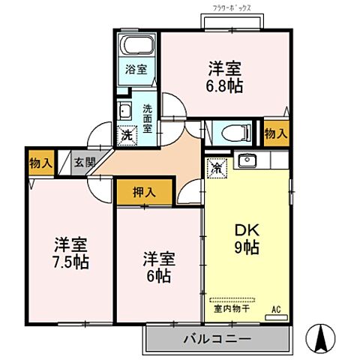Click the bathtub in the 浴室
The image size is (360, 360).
point(138,45)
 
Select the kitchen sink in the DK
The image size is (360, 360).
point(247,160)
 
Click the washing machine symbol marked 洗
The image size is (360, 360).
point(125,136)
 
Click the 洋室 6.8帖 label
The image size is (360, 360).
point(225,76)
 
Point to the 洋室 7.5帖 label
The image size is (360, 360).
point(71,253)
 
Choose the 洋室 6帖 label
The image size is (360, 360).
point(159,268)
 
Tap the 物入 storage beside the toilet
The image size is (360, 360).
point(275,133)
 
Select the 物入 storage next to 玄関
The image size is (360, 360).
point(40,162)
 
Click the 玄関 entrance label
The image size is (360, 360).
point(85,162)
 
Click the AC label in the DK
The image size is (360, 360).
point(275,308)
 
